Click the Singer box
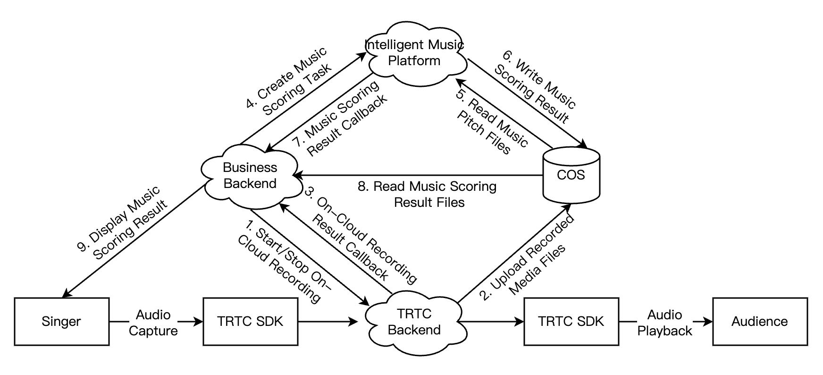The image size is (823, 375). click(61, 322)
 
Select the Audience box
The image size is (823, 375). click(759, 322)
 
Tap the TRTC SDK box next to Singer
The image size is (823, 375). click(250, 322)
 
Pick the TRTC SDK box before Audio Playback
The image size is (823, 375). click(571, 322)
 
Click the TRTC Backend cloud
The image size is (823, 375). click(414, 322)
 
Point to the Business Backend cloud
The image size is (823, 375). click(250, 176)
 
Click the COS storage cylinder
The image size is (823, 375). click(571, 175)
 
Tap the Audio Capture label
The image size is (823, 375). click(153, 323)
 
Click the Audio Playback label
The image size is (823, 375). click(664, 323)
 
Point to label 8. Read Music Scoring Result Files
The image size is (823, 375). click(428, 194)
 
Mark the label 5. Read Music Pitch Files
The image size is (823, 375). click(491, 121)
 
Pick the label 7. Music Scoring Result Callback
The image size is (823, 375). click(340, 118)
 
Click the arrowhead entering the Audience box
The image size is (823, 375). click(708, 322)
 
